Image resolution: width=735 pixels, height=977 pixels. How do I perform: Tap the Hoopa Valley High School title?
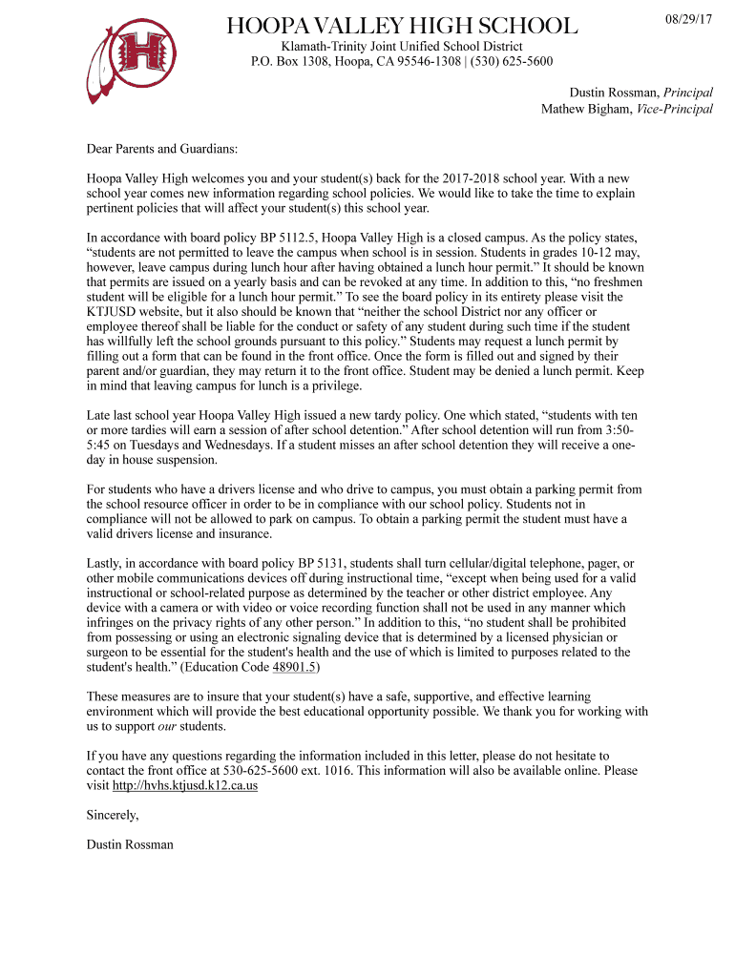(401, 26)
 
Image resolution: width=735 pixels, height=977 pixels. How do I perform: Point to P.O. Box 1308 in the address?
(294, 62)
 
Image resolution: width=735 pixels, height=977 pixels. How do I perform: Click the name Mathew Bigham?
(579, 109)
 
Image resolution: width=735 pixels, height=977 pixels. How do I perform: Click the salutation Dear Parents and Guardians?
(162, 150)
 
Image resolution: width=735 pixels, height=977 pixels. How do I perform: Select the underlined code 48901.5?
(295, 667)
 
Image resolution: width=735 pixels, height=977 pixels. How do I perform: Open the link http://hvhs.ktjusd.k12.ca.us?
(185, 786)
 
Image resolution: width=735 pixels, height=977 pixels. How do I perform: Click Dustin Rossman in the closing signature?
(130, 844)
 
